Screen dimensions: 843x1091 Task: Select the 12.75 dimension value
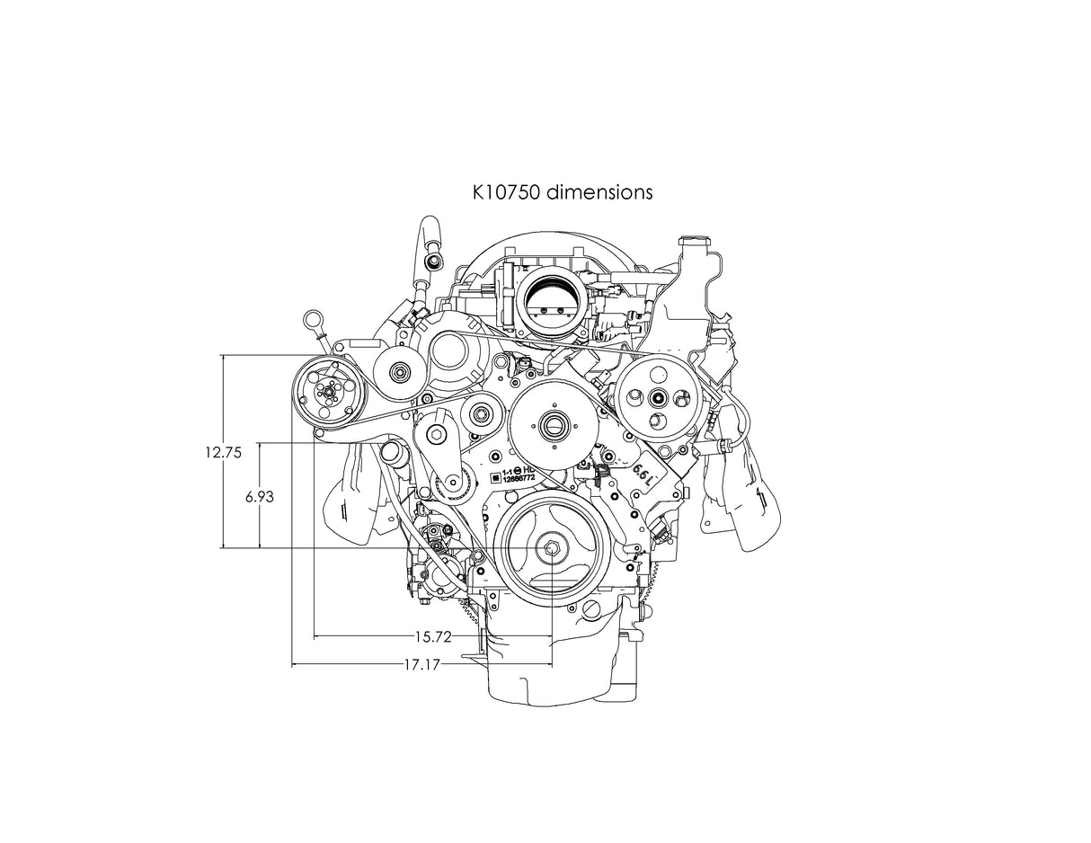[222, 453]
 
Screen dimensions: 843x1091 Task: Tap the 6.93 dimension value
[259, 495]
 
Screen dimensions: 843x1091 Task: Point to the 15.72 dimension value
[432, 637]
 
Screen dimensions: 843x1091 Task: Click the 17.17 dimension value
[421, 666]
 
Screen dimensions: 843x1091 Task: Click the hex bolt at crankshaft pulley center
[551, 549]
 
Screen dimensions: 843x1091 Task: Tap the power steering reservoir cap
[694, 243]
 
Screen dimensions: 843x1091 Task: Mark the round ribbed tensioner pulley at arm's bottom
[452, 486]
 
